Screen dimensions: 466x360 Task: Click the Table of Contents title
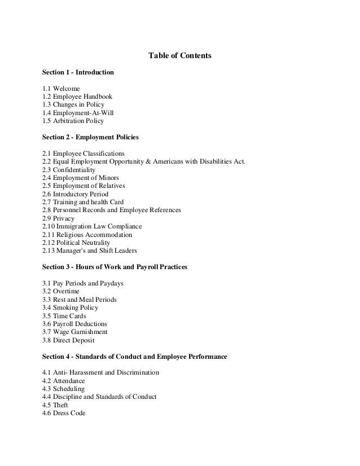coord(179,56)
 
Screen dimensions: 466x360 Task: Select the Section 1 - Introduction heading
coord(78,73)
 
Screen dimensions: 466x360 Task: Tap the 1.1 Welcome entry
coord(61,89)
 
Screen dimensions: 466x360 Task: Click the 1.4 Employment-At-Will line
coord(74,113)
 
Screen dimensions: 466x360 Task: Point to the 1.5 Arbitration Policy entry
coord(73,121)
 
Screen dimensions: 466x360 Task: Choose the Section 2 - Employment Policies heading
coord(91,137)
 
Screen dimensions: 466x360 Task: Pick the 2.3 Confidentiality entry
coord(69,169)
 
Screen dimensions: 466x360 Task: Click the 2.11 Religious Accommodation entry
coord(87,234)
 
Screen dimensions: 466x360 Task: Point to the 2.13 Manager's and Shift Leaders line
coord(90,250)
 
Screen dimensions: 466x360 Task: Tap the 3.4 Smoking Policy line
coord(70,307)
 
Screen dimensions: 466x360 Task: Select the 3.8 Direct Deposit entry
coord(68,340)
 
